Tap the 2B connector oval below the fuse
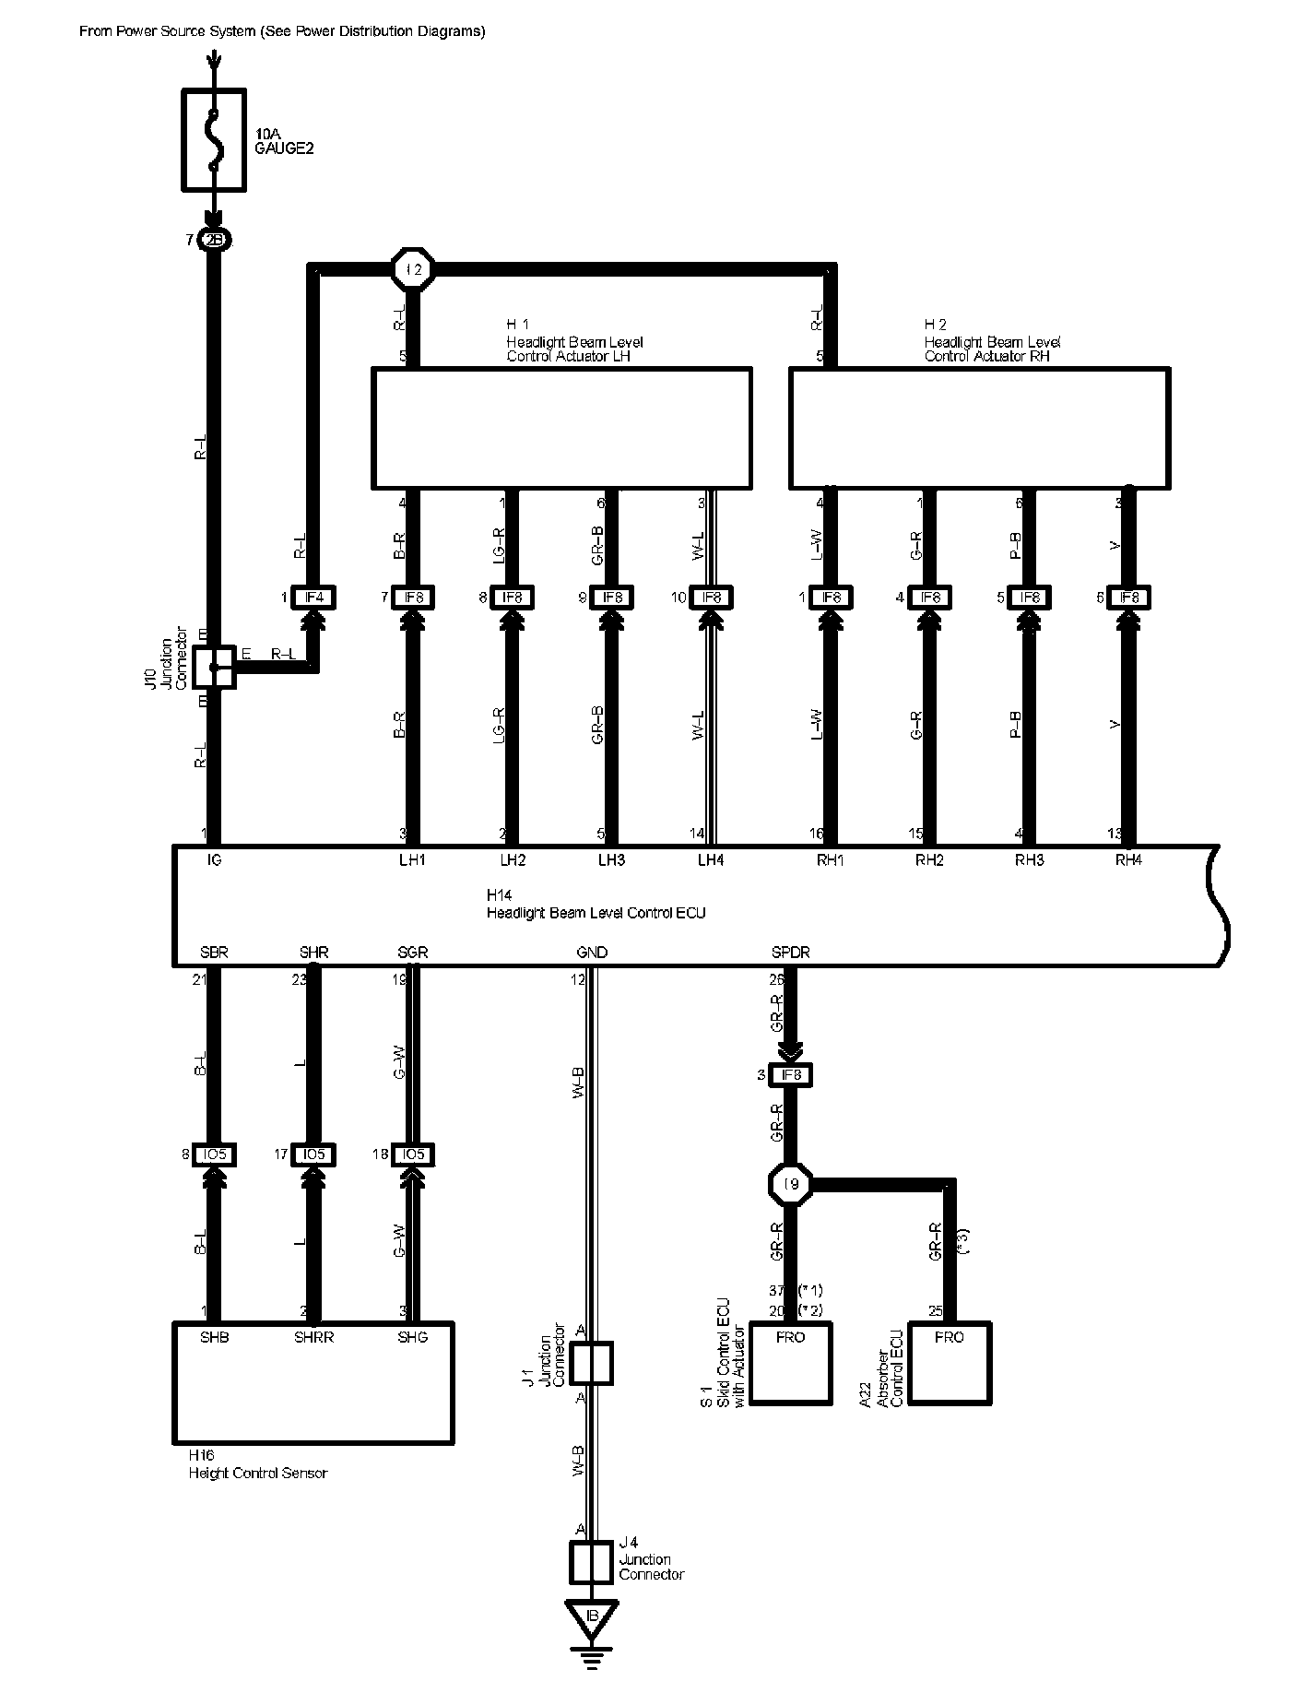[214, 241]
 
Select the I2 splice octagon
[413, 269]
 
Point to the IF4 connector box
[314, 598]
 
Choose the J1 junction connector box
[591, 1364]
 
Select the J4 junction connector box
[591, 1561]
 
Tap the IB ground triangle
[592, 1616]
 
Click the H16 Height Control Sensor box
[313, 1383]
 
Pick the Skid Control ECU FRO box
[791, 1364]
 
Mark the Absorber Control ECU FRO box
[950, 1364]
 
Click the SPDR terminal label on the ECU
[791, 953]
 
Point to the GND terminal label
[592, 953]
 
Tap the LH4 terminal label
[711, 860]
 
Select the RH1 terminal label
[831, 860]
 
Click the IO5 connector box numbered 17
[313, 1154]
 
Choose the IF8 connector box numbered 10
[712, 598]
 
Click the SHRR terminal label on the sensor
[313, 1338]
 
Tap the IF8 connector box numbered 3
[792, 1075]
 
